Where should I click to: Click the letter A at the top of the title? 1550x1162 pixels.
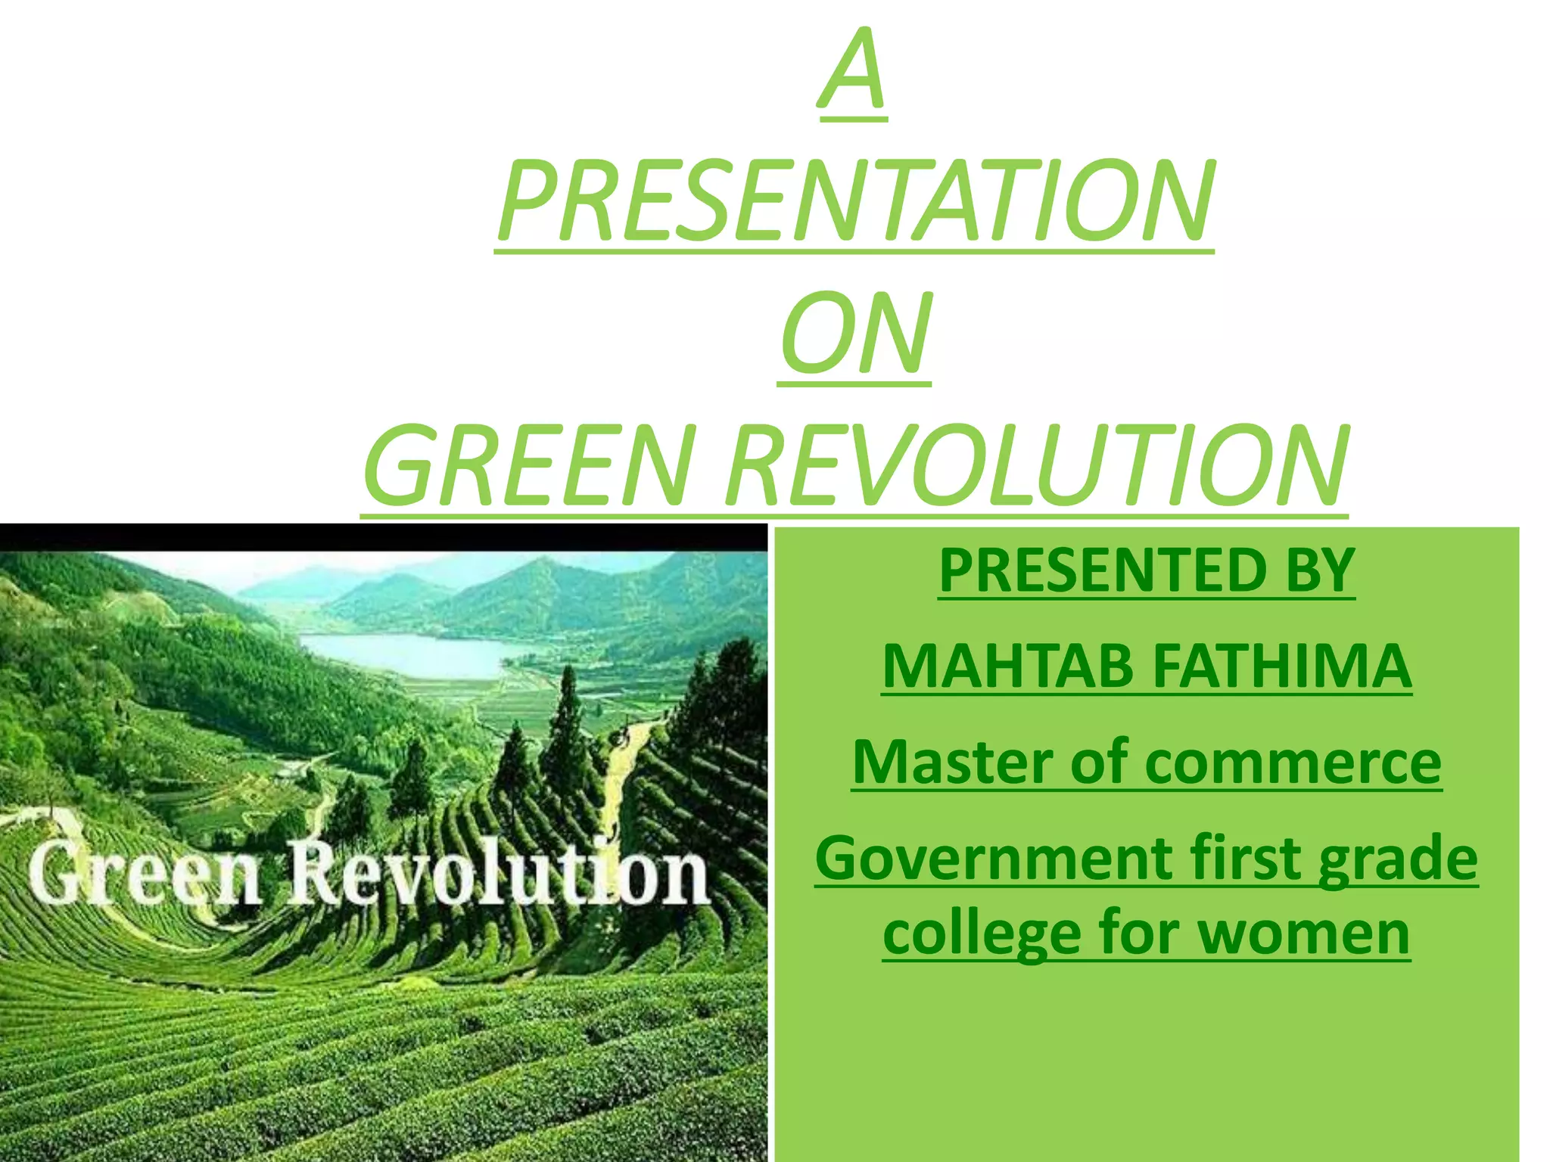pyautogui.click(x=853, y=72)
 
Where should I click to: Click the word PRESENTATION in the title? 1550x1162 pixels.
pyautogui.click(x=855, y=202)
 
